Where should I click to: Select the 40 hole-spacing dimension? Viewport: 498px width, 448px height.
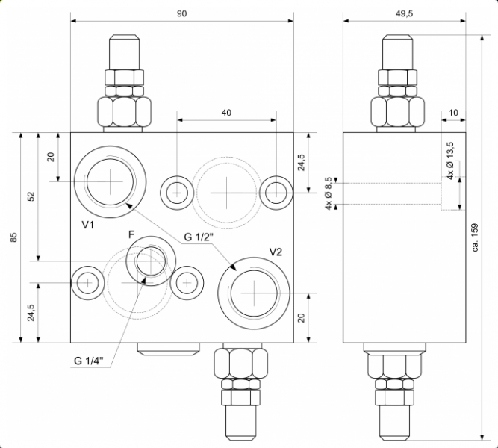pyautogui.click(x=226, y=112)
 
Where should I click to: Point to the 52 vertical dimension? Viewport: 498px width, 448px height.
pyautogui.click(x=31, y=196)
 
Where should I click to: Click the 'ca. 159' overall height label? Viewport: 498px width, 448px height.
pyautogui.click(x=476, y=237)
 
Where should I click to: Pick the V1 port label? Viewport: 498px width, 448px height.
pyautogui.click(x=88, y=224)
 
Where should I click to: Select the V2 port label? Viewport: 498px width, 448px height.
pyautogui.click(x=276, y=252)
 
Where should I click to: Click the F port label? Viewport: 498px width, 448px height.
pyautogui.click(x=131, y=234)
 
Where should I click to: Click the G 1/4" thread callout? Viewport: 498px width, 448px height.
pyautogui.click(x=88, y=361)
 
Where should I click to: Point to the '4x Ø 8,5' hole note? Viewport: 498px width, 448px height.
pyautogui.click(x=329, y=194)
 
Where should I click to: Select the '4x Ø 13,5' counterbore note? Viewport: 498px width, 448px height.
pyautogui.click(x=449, y=161)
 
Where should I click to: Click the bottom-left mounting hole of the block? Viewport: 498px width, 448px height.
pyautogui.click(x=87, y=282)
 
